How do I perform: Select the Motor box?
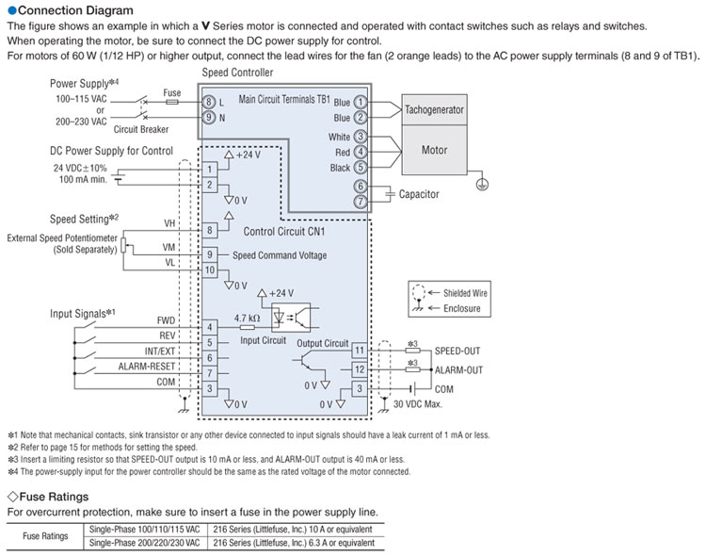tap(434, 150)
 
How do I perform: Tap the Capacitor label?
tap(419, 194)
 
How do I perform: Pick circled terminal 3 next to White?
tap(359, 137)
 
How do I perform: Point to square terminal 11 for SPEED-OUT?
tap(359, 350)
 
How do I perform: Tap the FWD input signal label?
tap(167, 320)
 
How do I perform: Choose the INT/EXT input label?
tap(159, 351)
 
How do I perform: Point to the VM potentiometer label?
tap(169, 247)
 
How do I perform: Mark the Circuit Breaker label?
tap(141, 130)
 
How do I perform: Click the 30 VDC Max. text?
tap(420, 404)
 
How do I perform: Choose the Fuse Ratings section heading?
tap(51, 496)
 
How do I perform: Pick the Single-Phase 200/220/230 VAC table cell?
tap(143, 543)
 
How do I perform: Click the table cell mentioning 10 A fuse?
tap(289, 531)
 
